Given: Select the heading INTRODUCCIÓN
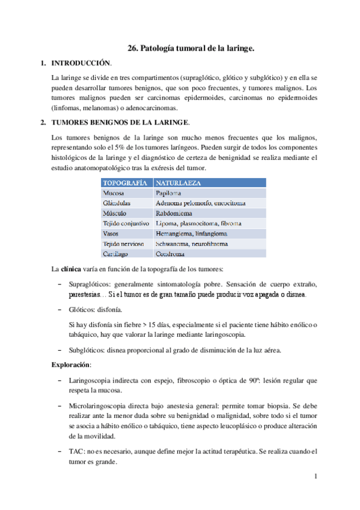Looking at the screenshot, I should click(81, 63).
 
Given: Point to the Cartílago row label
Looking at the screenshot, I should click(116, 254).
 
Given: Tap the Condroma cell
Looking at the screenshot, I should click(170, 254).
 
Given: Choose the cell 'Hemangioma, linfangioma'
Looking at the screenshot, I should click(191, 234).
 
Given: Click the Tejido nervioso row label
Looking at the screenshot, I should click(123, 244).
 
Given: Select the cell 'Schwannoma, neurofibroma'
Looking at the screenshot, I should click(194, 244).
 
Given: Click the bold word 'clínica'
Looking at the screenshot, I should click(72, 268).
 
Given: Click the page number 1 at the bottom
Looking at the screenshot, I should click(314, 477).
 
